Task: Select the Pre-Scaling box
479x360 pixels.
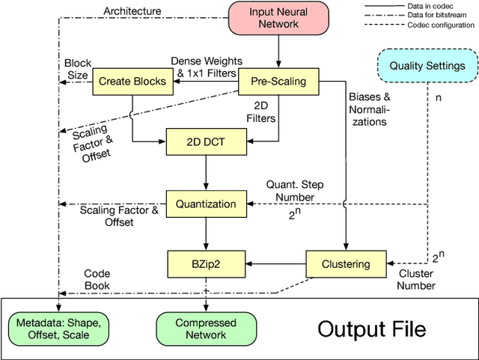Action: point(278,81)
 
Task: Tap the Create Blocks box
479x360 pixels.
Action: point(123,81)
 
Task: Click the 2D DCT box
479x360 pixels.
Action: point(204,141)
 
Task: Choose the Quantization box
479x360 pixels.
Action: point(205,204)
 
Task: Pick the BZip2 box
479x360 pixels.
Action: point(205,263)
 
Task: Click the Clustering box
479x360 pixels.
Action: point(345,263)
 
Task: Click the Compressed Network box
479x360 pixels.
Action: point(205,329)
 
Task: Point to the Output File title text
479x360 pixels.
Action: point(371,329)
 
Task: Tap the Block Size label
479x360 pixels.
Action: point(77,69)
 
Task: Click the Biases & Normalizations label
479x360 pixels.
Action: point(370,109)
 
